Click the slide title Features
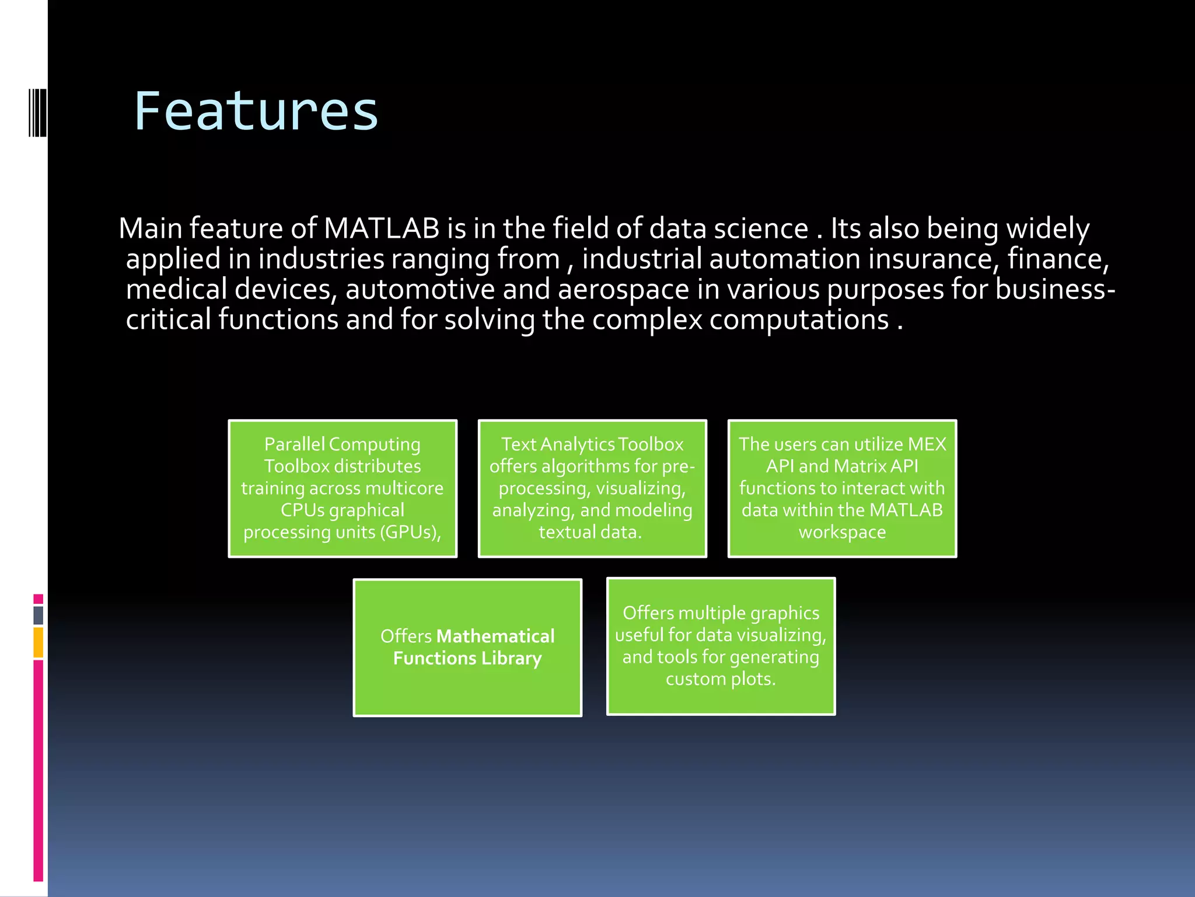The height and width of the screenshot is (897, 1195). click(256, 112)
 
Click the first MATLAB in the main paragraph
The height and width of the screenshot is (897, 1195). click(382, 228)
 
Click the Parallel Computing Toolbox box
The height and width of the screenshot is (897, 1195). click(343, 488)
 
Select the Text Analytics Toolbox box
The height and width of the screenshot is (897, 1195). click(592, 488)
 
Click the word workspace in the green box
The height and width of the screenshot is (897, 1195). click(842, 532)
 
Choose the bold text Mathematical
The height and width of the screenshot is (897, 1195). click(495, 636)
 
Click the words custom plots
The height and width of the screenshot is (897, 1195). click(721, 679)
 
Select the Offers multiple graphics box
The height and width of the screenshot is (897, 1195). click(721, 646)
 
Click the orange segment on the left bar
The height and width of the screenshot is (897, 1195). click(39, 642)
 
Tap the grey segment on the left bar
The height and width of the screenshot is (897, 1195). click(39, 616)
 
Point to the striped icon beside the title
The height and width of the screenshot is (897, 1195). click(38, 112)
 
